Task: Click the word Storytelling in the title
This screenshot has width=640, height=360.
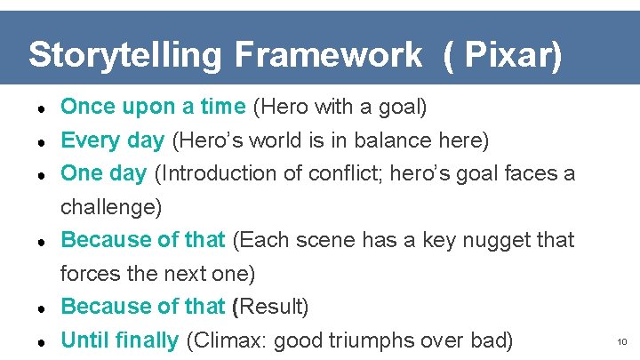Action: click(x=125, y=55)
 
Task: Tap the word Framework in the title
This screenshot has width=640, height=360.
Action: click(x=329, y=55)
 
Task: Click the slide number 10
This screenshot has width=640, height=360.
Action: click(x=621, y=341)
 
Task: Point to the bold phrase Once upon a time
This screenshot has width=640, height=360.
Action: click(x=153, y=108)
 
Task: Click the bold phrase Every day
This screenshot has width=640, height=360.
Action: click(x=112, y=140)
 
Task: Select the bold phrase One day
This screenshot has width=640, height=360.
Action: click(x=103, y=173)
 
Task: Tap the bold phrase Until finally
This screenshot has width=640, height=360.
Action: click(x=120, y=340)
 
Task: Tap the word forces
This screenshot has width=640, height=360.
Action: click(x=86, y=273)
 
